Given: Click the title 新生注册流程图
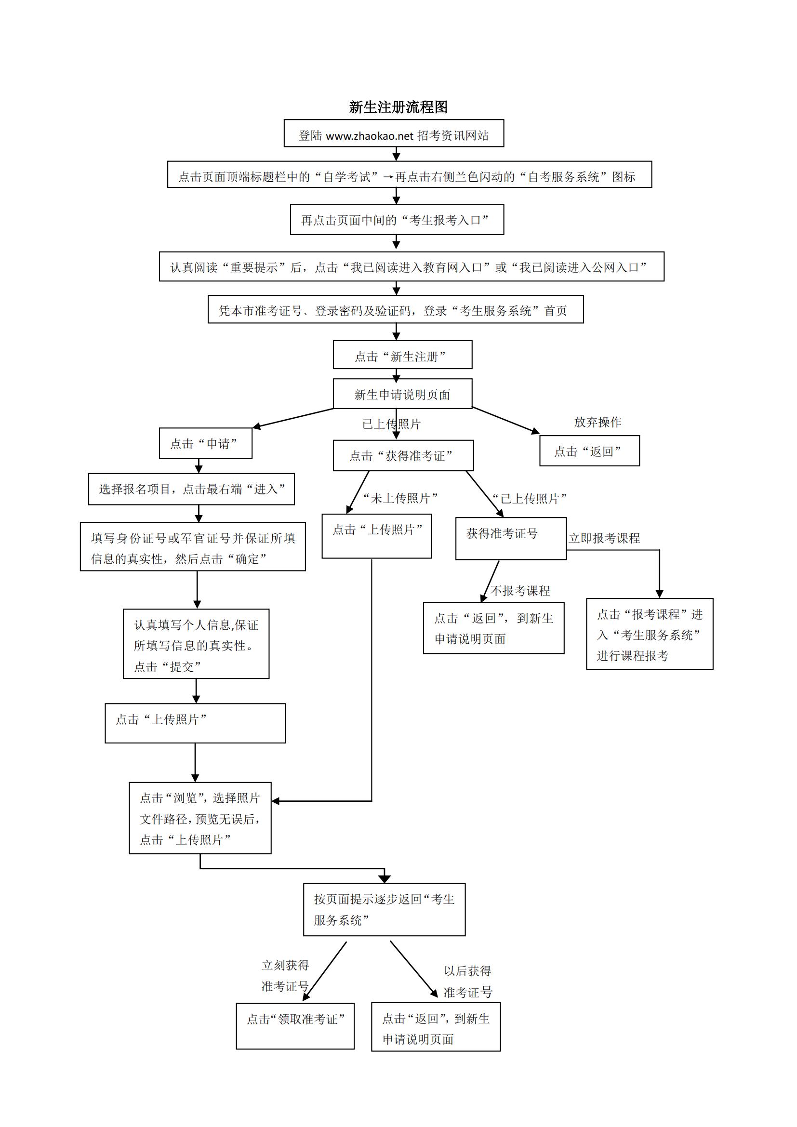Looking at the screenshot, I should click(x=398, y=107).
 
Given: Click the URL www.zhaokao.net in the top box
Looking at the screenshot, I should click(x=369, y=136).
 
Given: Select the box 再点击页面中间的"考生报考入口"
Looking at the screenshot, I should click(x=397, y=220).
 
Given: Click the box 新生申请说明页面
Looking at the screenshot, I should click(x=402, y=394).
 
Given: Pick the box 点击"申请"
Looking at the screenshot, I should click(x=205, y=443).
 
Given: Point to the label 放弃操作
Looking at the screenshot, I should click(x=597, y=422).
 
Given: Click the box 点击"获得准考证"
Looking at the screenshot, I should click(x=402, y=455).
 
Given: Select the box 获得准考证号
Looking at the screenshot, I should click(x=510, y=538).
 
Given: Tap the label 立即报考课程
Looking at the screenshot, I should click(x=604, y=538).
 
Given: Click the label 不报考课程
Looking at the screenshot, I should click(x=520, y=591).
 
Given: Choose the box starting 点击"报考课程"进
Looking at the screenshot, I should click(x=649, y=634).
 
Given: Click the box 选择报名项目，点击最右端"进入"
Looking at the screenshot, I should click(x=191, y=489).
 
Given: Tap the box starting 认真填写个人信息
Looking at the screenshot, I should click(x=196, y=644).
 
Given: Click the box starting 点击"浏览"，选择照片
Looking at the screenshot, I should click(x=200, y=818).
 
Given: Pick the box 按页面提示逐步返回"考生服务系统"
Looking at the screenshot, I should click(x=384, y=909).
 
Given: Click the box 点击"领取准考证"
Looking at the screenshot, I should click(x=295, y=1025).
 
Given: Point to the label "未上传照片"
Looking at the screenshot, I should click(x=400, y=498).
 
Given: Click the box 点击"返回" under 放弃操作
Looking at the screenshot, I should click(x=589, y=451).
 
